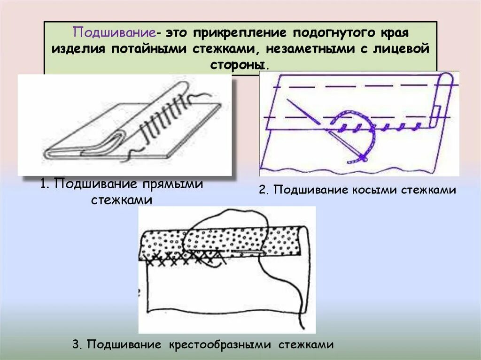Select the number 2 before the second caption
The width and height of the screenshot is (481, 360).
[x=263, y=190]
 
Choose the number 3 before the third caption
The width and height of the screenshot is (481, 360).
[x=76, y=345]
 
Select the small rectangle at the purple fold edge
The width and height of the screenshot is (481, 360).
[x=435, y=113]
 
